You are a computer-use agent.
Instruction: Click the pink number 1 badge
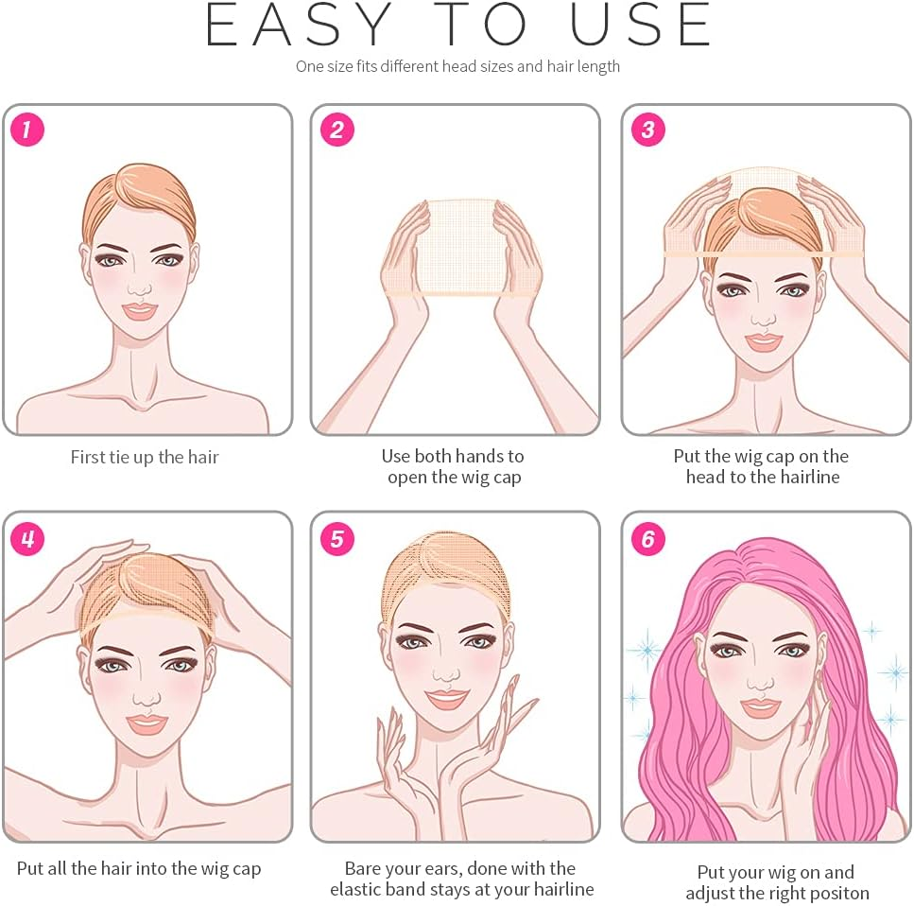click(26, 129)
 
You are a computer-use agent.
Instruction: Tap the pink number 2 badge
click(336, 129)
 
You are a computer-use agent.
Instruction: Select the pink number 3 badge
click(648, 129)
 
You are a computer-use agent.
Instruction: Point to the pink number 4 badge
click(26, 538)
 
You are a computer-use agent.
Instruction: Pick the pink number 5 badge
click(336, 538)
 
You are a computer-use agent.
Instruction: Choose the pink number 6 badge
click(648, 538)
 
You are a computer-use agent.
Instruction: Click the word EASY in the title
click(299, 25)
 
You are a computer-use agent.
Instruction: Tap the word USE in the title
click(640, 25)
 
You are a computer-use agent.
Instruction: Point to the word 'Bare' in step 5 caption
click(363, 868)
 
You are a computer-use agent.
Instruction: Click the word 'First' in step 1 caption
click(88, 457)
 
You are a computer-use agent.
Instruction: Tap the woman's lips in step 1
click(139, 311)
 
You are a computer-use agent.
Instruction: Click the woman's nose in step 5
click(446, 673)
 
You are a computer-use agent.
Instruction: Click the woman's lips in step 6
click(760, 707)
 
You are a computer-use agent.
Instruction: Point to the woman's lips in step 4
click(146, 723)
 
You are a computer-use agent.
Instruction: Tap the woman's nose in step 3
click(762, 318)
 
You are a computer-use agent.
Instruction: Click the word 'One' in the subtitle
click(309, 66)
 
